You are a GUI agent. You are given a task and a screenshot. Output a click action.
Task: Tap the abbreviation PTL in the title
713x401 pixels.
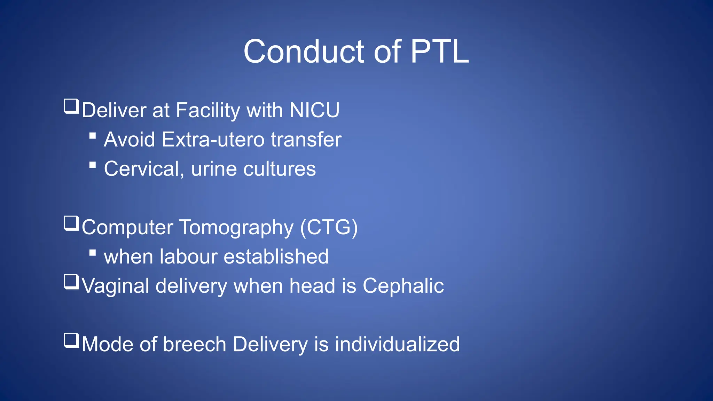tap(440, 52)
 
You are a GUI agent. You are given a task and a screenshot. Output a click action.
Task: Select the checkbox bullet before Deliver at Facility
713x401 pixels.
tap(72, 107)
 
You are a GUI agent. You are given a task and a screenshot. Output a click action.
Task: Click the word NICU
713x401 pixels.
tap(314, 110)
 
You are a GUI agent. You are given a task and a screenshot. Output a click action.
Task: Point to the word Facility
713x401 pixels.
tap(208, 110)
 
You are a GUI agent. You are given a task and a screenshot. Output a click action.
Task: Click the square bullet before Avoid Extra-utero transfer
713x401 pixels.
tap(93, 135)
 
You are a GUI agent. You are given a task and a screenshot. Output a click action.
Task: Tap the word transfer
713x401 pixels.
tap(306, 140)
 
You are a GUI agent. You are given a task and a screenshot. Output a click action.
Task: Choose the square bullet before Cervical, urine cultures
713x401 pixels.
tap(93, 165)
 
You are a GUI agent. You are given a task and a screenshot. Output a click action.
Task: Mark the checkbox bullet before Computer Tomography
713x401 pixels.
tap(72, 223)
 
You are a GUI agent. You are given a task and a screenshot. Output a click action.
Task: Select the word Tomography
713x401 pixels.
tap(236, 227)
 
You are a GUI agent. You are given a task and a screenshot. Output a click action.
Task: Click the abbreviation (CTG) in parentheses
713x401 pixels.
tap(329, 227)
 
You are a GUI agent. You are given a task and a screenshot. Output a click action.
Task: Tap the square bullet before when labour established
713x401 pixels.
tap(93, 252)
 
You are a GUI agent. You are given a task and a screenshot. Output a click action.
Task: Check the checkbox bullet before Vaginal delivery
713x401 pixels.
tap(72, 282)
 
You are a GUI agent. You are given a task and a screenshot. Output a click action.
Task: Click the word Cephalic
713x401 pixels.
tap(403, 286)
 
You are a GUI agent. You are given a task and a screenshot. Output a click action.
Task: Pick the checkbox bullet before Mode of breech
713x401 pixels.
tap(72, 340)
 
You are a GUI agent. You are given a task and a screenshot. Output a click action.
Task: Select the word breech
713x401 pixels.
tap(195, 344)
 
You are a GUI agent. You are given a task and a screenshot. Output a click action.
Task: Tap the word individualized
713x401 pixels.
tap(397, 344)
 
